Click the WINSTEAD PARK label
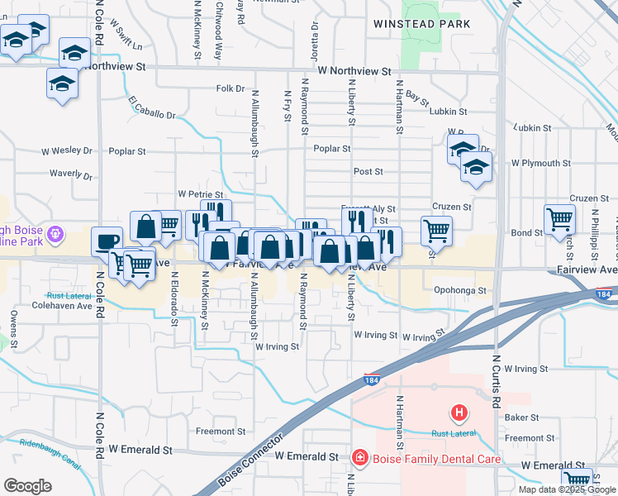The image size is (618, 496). click(x=421, y=24)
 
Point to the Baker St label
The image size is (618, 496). click(x=521, y=418)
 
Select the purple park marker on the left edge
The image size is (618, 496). click(x=56, y=234)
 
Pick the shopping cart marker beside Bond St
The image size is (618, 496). click(x=560, y=220)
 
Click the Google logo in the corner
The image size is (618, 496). click(x=27, y=486)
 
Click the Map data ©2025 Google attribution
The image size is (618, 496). click(x=567, y=489)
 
